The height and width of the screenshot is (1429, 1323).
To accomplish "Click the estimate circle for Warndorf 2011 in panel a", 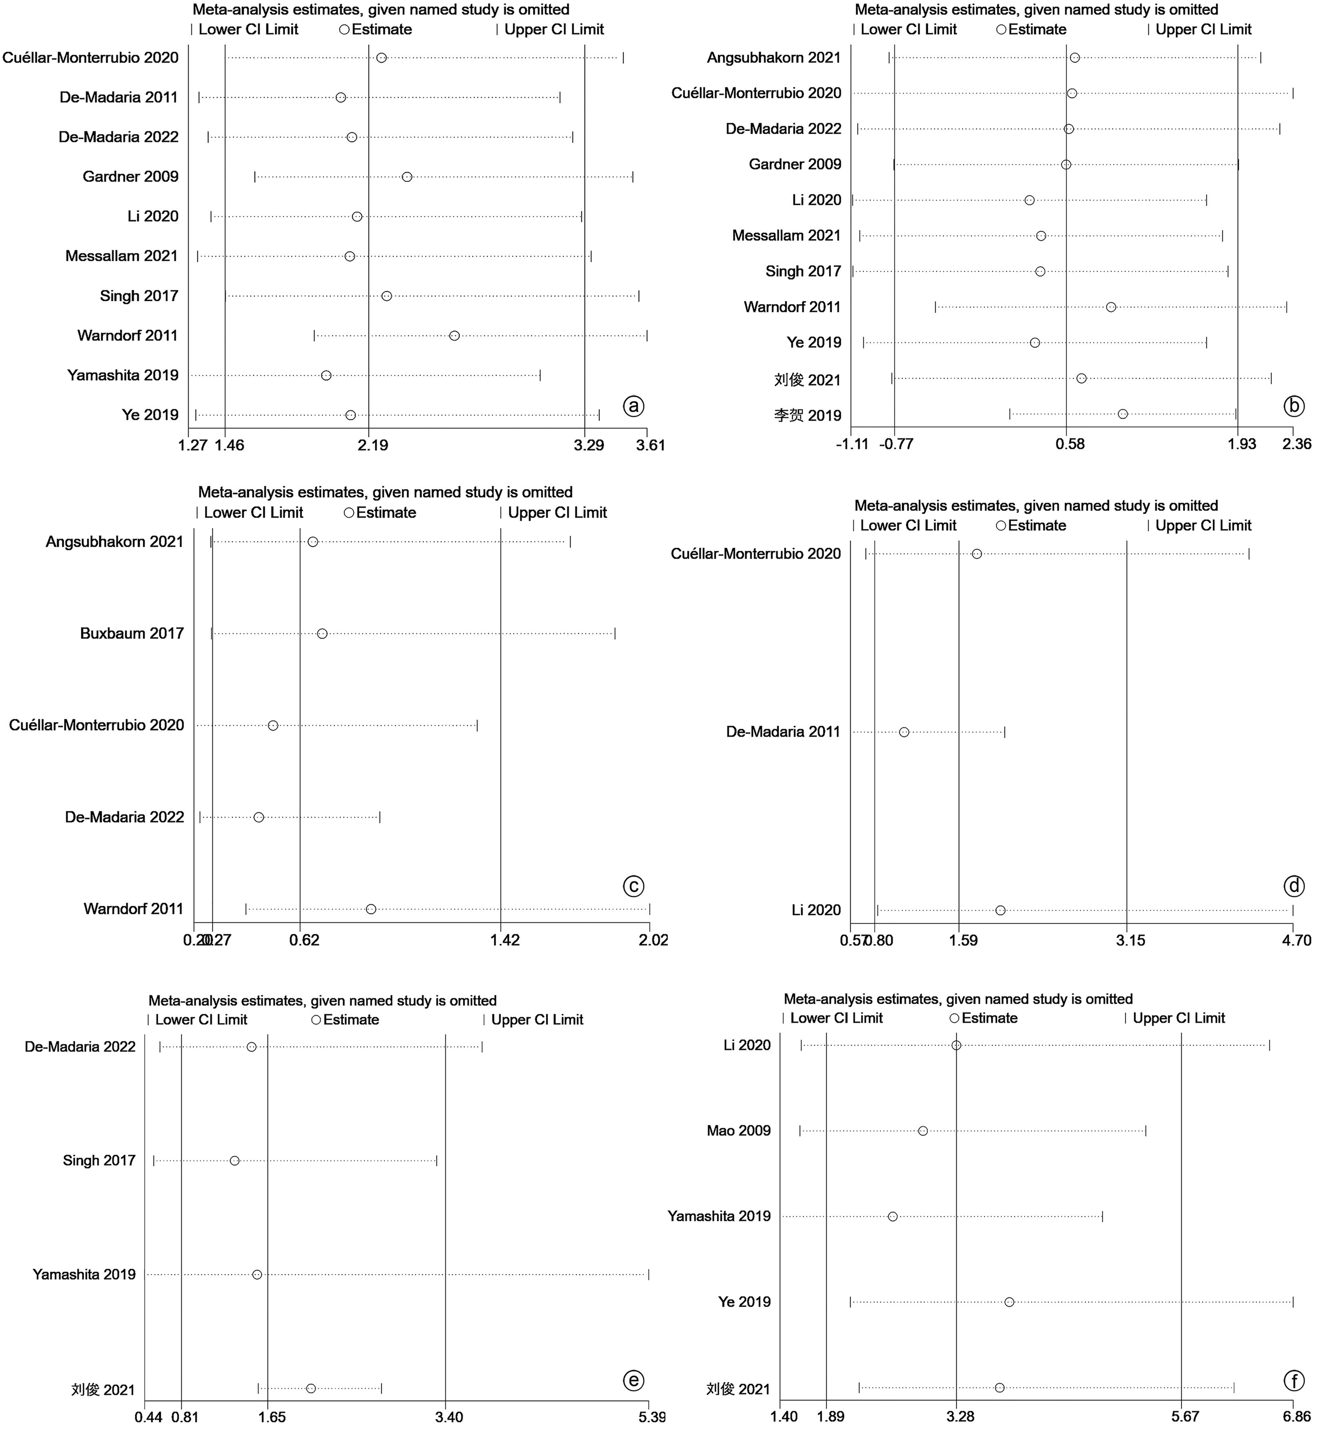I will pos(454,336).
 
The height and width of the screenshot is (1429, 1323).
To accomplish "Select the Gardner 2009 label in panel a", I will pos(130,177).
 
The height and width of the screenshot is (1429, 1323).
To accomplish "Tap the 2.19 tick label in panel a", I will pos(372,445).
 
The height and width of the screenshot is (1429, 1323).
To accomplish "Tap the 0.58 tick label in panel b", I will pos(1070,444).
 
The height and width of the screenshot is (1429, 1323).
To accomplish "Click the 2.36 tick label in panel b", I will pos(1297,444).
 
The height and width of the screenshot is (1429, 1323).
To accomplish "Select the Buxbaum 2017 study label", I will pos(132,634).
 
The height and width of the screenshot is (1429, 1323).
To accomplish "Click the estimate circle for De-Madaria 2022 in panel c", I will pos(258,817).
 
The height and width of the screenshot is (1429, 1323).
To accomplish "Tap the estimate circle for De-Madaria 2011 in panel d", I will pos(904,732).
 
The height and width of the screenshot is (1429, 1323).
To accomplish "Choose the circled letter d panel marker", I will pos(1294,886).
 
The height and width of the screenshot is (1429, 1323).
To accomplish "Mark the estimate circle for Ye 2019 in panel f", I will pos(1009,1301).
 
